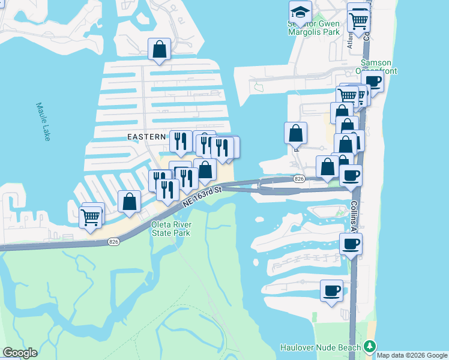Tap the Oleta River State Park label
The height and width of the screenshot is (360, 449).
(170, 229)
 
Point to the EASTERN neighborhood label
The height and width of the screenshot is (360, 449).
(146, 137)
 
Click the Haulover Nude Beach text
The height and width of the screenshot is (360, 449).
(321, 347)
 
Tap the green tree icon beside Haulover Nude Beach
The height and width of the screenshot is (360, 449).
(370, 347)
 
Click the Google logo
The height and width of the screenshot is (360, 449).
(20, 353)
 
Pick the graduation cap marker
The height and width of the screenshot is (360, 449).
(300, 11)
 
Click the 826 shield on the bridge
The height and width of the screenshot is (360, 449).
(298, 179)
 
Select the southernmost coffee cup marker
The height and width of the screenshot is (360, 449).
(331, 291)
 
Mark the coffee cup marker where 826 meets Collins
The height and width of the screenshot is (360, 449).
(351, 176)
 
